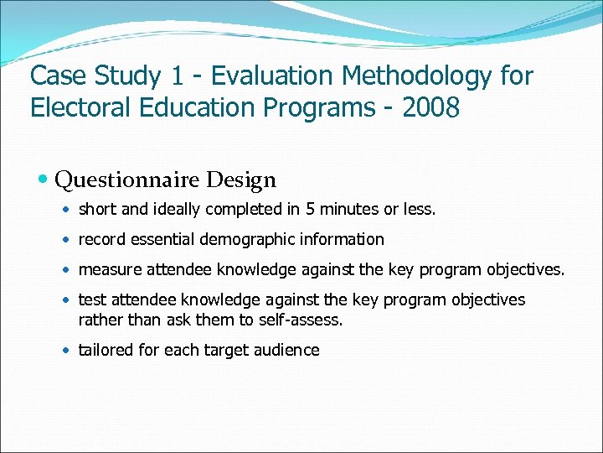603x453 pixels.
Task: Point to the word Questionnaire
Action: click(x=126, y=180)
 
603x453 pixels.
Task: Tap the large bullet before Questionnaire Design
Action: click(x=44, y=180)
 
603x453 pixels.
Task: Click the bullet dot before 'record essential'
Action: click(x=68, y=240)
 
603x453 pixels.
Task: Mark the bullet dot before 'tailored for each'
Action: click(x=68, y=351)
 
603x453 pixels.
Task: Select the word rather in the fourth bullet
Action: click(x=98, y=320)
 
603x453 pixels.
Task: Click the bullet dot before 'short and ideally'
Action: click(x=68, y=210)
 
